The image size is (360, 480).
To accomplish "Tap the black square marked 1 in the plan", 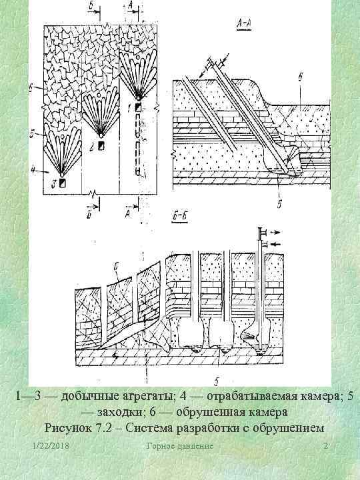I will (x=137, y=107).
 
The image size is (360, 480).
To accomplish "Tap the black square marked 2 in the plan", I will (x=101, y=145).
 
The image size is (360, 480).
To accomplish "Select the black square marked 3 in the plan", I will (x=62, y=182).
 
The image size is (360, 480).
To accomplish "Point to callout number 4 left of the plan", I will (x=32, y=171).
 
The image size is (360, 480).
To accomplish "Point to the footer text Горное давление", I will (x=179, y=445).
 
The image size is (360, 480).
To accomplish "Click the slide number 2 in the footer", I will (x=324, y=445).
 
